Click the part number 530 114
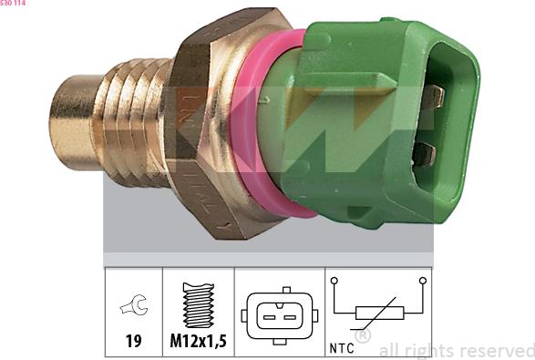click(14, 4)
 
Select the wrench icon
click(133, 307)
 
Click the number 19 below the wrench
click(133, 343)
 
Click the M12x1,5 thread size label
click(198, 343)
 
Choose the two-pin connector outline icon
click(280, 314)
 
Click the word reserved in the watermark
click(495, 351)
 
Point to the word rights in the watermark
click(426, 351)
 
